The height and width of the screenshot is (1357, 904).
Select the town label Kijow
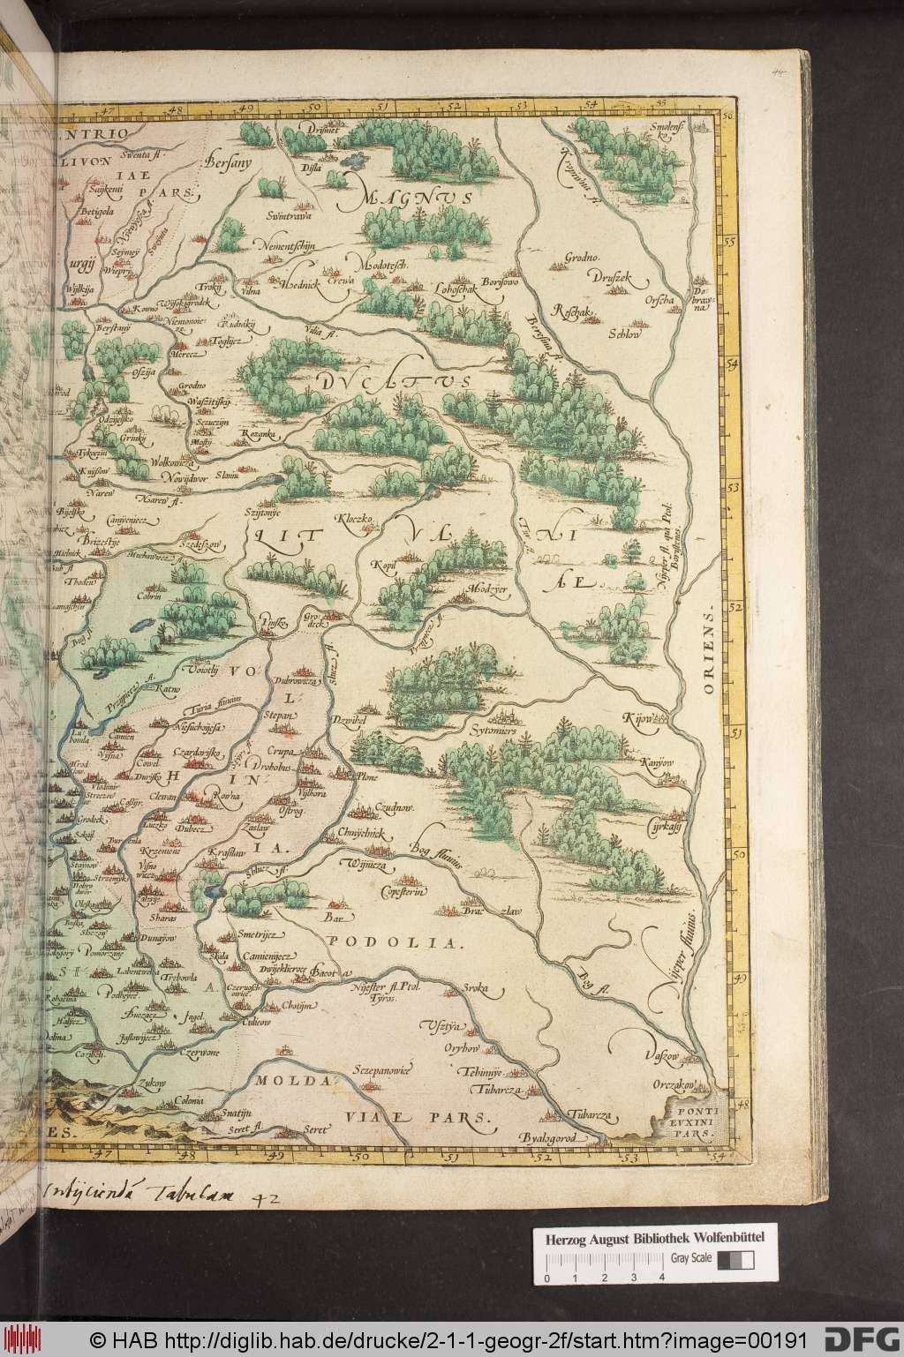pyautogui.click(x=641, y=718)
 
